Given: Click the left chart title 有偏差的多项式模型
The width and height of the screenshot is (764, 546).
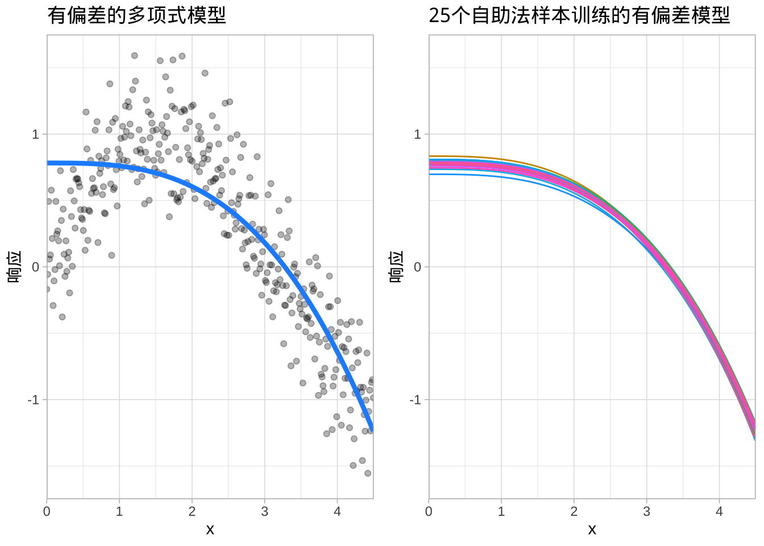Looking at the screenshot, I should pos(136,15).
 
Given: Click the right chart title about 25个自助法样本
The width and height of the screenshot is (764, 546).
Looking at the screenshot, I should pos(579,15).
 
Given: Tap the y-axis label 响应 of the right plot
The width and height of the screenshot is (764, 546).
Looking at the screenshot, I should pos(396,267).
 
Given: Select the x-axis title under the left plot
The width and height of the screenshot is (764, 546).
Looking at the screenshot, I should pos(210,530).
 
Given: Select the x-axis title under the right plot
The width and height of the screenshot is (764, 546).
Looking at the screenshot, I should pos(592,530).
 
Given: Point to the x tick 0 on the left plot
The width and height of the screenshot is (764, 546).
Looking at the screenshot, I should pos(47,511).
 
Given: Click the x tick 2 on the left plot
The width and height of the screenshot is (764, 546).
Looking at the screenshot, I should pos(192,511).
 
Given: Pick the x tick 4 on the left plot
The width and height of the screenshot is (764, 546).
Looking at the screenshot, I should pos(337,511).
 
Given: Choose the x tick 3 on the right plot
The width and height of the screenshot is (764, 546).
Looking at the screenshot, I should pos(646,511).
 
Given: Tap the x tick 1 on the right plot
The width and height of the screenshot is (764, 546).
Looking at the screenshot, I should pos(501,511).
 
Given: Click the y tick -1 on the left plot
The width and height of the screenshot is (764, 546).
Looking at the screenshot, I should pos(34,400).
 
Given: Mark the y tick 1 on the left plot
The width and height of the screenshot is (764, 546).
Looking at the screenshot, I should pos(36,134).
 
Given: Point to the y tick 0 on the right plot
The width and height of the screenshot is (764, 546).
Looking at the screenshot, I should pos(418,267).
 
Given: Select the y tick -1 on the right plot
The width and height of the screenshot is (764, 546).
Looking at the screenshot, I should pos(416,400).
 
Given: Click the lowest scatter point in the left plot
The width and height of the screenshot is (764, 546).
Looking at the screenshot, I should pos(368,473).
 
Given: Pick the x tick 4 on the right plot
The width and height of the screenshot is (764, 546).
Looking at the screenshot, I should pos(719,511).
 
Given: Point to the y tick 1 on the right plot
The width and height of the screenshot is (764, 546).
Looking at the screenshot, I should pos(418,134).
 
